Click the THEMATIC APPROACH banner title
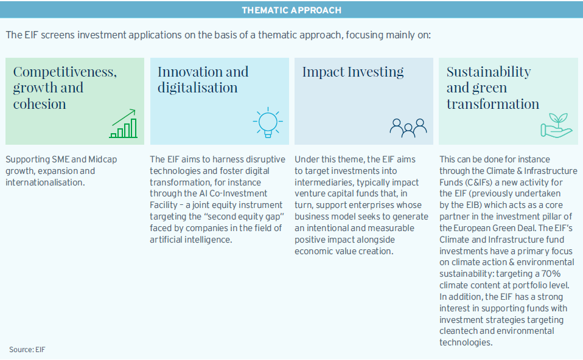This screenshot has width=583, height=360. [x=291, y=10]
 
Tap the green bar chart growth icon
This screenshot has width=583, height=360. [x=123, y=123]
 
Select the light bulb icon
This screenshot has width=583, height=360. [x=268, y=123]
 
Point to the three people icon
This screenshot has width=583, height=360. [x=408, y=128]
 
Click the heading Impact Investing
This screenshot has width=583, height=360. [x=353, y=72]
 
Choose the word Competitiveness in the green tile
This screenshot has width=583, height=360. [x=65, y=72]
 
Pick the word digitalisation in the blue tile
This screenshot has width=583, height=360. [x=197, y=88]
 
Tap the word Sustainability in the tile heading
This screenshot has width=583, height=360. [x=489, y=72]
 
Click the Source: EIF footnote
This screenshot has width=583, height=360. [x=27, y=350]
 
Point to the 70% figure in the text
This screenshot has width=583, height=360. [x=551, y=274]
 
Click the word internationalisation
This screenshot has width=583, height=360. [x=45, y=182]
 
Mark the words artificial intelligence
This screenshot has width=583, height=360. [x=190, y=240]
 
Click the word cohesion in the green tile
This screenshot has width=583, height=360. [x=40, y=104]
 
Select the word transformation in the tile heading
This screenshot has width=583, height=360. [x=493, y=104]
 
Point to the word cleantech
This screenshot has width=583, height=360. [x=457, y=331]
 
